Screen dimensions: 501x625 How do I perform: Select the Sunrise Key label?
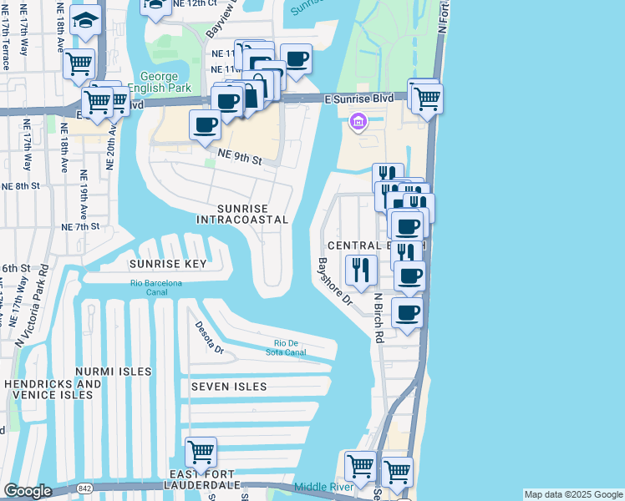167,264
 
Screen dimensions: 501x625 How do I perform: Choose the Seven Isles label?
229,387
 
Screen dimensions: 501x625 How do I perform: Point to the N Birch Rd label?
379,317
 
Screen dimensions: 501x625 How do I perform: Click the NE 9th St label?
240,154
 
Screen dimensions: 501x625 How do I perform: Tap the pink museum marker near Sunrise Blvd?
358,124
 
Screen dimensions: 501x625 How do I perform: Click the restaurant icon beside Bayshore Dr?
361,268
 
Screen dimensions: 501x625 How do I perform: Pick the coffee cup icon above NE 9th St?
206,125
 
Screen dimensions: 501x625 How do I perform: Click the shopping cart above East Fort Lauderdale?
201,452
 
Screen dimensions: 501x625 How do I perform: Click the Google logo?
28,491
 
